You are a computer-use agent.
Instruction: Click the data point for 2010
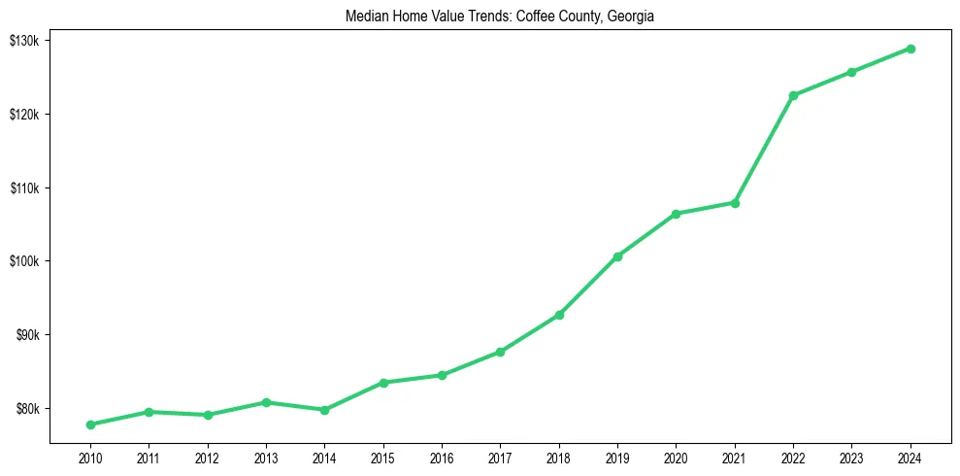[90, 425]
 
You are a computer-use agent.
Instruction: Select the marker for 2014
[324, 410]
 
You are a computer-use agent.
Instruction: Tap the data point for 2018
[559, 315]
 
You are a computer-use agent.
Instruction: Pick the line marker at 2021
[735, 203]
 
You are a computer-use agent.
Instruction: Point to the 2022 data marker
[793, 95]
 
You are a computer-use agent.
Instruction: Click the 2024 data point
[910, 49]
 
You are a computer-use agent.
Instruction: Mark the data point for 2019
[617, 256]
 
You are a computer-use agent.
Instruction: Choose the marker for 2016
[442, 375]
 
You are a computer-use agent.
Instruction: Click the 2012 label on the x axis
[207, 458]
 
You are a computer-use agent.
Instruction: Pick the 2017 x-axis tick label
[500, 458]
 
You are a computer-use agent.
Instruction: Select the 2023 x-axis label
[851, 458]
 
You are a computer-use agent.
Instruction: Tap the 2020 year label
[676, 458]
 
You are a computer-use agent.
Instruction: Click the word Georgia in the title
[633, 17]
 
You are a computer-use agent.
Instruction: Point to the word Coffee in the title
[522, 17]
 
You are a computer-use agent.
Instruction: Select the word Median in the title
[366, 17]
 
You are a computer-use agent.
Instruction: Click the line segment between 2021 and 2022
[764, 150]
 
